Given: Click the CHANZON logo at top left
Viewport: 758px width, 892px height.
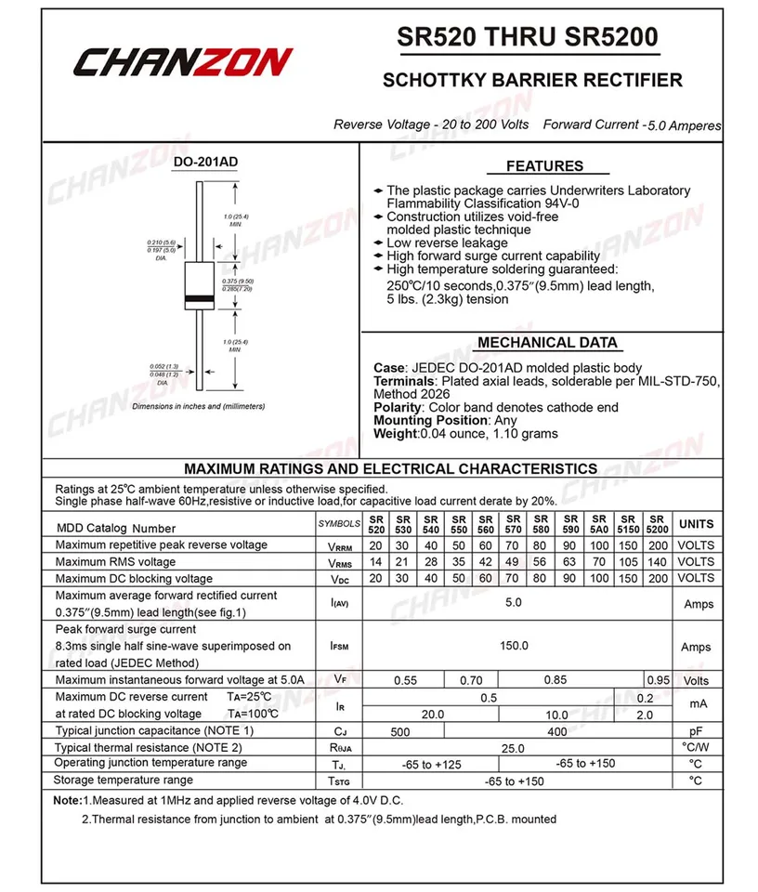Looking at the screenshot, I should (183, 63).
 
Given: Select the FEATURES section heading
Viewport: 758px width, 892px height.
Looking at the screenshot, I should (544, 166).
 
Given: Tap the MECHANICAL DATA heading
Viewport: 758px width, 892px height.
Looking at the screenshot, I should (547, 342).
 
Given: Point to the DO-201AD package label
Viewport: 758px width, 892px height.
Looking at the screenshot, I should (205, 162).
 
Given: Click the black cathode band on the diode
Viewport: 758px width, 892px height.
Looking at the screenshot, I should (202, 297).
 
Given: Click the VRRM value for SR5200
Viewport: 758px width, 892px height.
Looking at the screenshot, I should (658, 545).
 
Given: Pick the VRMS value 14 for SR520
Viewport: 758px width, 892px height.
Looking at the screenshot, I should (375, 562).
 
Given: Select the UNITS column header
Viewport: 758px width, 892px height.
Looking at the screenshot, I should (696, 525).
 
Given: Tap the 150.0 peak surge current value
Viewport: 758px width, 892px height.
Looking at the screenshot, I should (514, 646).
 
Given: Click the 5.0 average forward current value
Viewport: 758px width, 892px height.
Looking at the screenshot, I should (514, 602).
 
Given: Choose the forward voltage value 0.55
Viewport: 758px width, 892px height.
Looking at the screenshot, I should (405, 680).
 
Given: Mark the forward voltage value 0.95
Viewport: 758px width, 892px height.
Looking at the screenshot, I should (658, 680).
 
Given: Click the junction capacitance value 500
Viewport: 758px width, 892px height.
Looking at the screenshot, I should (400, 732).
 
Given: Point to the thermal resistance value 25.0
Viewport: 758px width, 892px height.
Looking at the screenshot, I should (514, 748).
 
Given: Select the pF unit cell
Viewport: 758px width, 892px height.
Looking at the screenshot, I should (696, 731).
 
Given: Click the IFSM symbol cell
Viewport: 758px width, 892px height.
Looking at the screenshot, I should (339, 646).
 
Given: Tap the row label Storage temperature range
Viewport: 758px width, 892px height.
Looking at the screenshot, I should (124, 780).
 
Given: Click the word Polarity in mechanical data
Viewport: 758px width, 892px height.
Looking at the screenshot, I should (398, 407).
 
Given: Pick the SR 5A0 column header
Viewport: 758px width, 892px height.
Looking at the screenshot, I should (599, 525).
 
